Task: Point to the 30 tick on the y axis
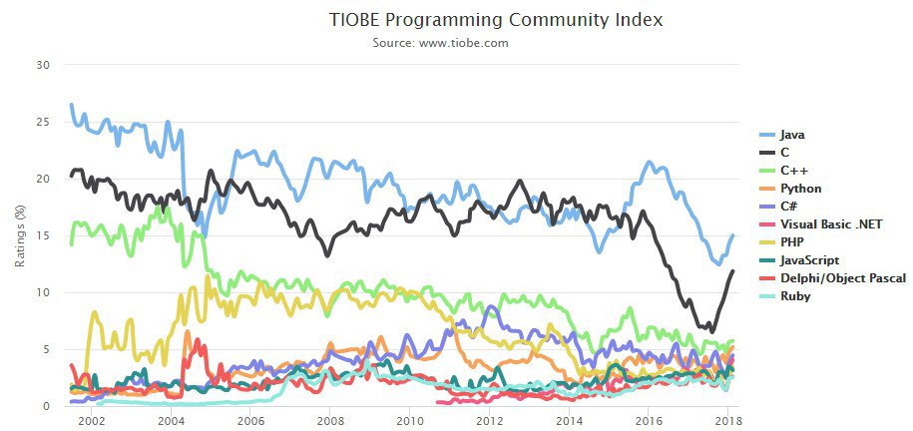point(42,65)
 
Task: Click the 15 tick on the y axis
point(42,235)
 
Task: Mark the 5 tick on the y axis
point(46,349)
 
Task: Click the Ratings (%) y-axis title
point(19,235)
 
